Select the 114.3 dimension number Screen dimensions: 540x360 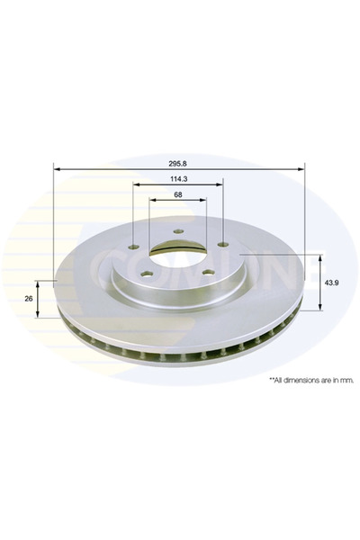[x=179, y=178]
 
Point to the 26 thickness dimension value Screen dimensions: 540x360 [x=29, y=298]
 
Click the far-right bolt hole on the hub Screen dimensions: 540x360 [x=222, y=245]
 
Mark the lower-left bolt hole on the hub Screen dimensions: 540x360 [x=150, y=276]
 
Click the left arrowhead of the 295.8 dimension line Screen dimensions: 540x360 [x=58, y=167]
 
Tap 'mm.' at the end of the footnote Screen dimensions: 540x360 [x=346, y=381]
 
